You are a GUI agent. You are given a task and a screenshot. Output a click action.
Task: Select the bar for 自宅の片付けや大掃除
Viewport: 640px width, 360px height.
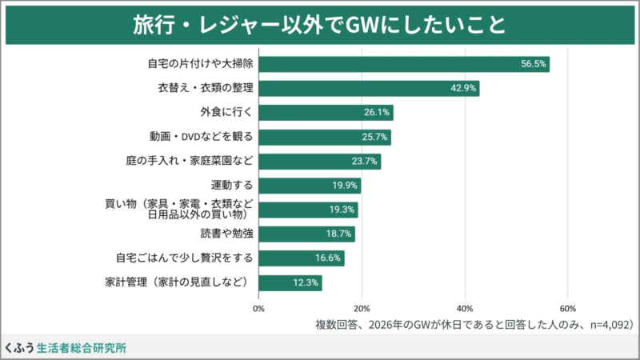click(404, 65)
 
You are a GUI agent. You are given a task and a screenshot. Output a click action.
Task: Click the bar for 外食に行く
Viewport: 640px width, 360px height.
click(326, 113)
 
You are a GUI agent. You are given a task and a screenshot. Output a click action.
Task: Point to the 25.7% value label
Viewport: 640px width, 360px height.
click(375, 137)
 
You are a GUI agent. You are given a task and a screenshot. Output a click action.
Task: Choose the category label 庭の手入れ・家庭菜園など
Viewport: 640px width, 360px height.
click(190, 161)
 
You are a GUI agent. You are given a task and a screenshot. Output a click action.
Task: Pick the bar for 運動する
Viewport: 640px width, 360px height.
click(310, 186)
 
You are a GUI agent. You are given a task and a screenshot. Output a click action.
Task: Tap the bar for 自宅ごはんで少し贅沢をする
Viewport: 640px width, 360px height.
click(302, 258)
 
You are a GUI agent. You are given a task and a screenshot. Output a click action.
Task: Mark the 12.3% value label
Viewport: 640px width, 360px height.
click(306, 282)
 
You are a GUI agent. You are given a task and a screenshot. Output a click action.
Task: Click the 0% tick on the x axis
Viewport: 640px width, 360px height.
click(259, 308)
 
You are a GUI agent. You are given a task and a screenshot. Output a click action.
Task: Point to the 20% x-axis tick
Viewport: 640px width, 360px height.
click(362, 308)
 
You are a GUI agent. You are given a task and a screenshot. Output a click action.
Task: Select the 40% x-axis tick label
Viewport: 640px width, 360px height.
click(465, 308)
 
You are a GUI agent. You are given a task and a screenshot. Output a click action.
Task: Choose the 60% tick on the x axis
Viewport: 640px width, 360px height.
click(567, 308)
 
